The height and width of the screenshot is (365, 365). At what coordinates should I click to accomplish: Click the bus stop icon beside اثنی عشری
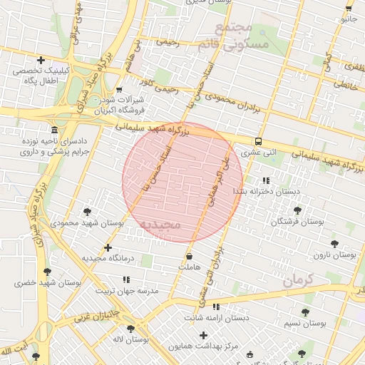(x=258, y=140)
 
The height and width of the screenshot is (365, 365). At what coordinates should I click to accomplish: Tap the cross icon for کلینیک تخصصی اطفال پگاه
(x=41, y=60)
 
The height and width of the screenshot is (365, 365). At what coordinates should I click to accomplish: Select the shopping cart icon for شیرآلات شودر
(x=119, y=90)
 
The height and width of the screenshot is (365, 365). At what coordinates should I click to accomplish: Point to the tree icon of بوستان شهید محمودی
(x=87, y=212)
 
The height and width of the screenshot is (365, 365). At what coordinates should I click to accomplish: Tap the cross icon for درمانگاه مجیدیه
(x=108, y=247)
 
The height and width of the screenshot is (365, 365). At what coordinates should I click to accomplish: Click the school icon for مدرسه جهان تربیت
(x=126, y=279)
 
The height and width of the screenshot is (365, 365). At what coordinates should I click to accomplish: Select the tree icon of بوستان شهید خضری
(x=47, y=272)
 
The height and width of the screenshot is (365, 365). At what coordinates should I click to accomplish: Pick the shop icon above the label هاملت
(x=189, y=256)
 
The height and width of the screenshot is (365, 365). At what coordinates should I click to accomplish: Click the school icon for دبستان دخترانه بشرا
(x=266, y=181)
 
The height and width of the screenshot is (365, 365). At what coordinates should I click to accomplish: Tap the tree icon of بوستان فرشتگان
(x=297, y=210)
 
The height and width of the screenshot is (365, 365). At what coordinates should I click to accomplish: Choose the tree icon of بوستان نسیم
(x=305, y=312)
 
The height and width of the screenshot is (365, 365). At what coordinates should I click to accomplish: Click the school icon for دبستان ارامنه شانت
(x=216, y=307)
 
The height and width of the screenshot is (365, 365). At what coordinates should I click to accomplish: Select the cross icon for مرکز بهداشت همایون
(x=204, y=335)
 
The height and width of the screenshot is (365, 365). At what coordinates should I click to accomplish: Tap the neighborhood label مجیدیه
(x=160, y=225)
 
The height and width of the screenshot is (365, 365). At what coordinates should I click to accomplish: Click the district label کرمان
(x=297, y=280)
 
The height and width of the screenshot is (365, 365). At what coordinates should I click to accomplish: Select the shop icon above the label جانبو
(x=348, y=9)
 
